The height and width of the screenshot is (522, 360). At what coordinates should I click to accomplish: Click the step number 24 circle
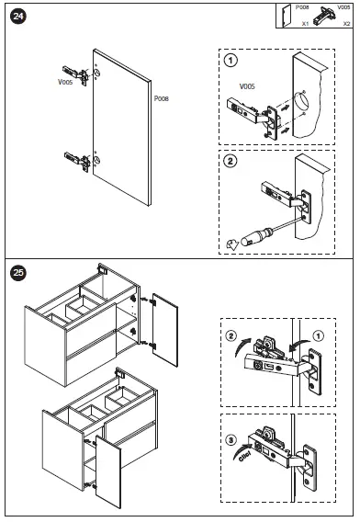pyautogui.click(x=18, y=16)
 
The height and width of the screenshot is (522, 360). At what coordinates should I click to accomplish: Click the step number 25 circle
pyautogui.click(x=18, y=273)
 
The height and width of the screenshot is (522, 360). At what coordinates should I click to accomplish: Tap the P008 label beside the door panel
pyautogui.click(x=162, y=98)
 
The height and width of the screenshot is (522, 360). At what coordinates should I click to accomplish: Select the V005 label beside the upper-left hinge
pyautogui.click(x=65, y=82)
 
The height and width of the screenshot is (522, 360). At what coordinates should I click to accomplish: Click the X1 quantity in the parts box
pyautogui.click(x=305, y=24)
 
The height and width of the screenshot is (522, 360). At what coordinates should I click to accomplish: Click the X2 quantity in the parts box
pyautogui.click(x=346, y=24)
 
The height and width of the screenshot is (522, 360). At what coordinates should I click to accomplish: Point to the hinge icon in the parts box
pyautogui.click(x=323, y=16)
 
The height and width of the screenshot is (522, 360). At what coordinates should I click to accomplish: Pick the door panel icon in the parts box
pyautogui.click(x=287, y=16)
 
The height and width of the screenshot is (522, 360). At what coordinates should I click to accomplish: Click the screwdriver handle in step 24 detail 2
pyautogui.click(x=256, y=236)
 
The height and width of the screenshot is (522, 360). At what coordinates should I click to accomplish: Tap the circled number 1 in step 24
pyautogui.click(x=231, y=61)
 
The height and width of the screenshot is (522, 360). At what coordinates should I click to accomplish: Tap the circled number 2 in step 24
pyautogui.click(x=231, y=162)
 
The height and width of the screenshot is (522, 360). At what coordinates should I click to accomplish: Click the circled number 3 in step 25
pyautogui.click(x=231, y=440)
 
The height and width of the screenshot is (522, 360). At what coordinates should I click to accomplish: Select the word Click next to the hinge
pyautogui.click(x=244, y=456)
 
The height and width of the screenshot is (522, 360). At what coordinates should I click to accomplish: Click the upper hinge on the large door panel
pyautogui.click(x=76, y=75)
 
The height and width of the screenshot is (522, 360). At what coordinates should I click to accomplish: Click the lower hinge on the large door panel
pyautogui.click(x=77, y=162)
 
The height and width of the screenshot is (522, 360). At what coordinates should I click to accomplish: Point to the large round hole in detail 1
pyautogui.click(x=301, y=100)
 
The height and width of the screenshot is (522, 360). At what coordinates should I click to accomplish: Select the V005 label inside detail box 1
pyautogui.click(x=247, y=86)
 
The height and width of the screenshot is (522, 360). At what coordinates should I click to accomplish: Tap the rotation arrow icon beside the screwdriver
pyautogui.click(x=232, y=244)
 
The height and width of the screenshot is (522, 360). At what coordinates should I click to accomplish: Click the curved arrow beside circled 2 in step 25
pyautogui.click(x=242, y=346)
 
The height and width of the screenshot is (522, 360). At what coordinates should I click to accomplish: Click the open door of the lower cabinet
pyautogui.click(x=107, y=471)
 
